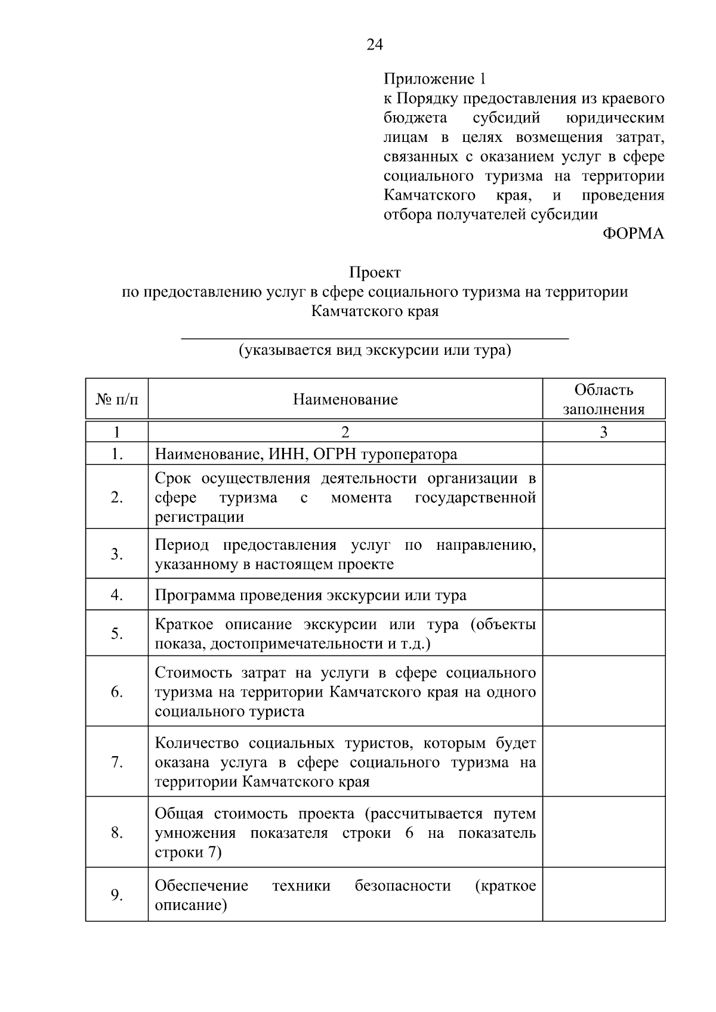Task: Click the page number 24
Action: tap(375, 45)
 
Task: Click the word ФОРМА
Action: tap(633, 234)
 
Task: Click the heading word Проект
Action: tap(375, 273)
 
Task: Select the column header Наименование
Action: tap(345, 400)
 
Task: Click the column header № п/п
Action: tap(117, 400)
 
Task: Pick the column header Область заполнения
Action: tap(603, 400)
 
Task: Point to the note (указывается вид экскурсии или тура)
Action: tap(375, 350)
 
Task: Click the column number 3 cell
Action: tap(603, 432)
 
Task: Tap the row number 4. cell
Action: tap(117, 595)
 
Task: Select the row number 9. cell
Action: tap(117, 895)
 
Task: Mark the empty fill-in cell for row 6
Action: tap(603, 691)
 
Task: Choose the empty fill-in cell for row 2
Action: tap(603, 497)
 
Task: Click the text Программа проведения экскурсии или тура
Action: tap(310, 595)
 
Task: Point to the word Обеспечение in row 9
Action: tap(201, 886)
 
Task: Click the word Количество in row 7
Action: tap(197, 743)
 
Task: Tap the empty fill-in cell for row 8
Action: tap(603, 832)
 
